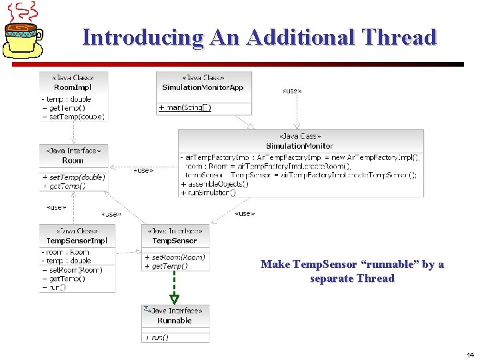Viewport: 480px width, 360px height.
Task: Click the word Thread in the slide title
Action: pyautogui.click(x=399, y=37)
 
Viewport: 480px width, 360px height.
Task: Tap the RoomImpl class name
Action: pyautogui.click(x=73, y=87)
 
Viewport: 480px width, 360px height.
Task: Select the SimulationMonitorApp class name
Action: pyautogui.click(x=203, y=87)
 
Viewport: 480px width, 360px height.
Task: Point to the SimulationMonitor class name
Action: pyautogui.click(x=299, y=145)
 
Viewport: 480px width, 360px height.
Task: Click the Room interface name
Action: pyautogui.click(x=73, y=161)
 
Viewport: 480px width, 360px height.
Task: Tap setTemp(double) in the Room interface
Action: pyautogui.click(x=75, y=177)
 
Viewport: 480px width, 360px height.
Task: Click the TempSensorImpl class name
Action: pyautogui.click(x=77, y=240)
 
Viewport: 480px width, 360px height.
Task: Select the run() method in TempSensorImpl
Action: pyautogui.click(x=57, y=287)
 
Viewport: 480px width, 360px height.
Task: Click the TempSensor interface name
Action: pyautogui.click(x=175, y=241)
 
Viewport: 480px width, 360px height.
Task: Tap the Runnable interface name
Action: pyautogui.click(x=175, y=321)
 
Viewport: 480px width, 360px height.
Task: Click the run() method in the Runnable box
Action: pyautogui.click(x=157, y=337)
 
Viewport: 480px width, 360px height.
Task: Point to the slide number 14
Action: pyautogui.click(x=471, y=355)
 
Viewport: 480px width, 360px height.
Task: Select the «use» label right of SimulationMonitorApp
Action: pyautogui.click(x=292, y=91)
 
